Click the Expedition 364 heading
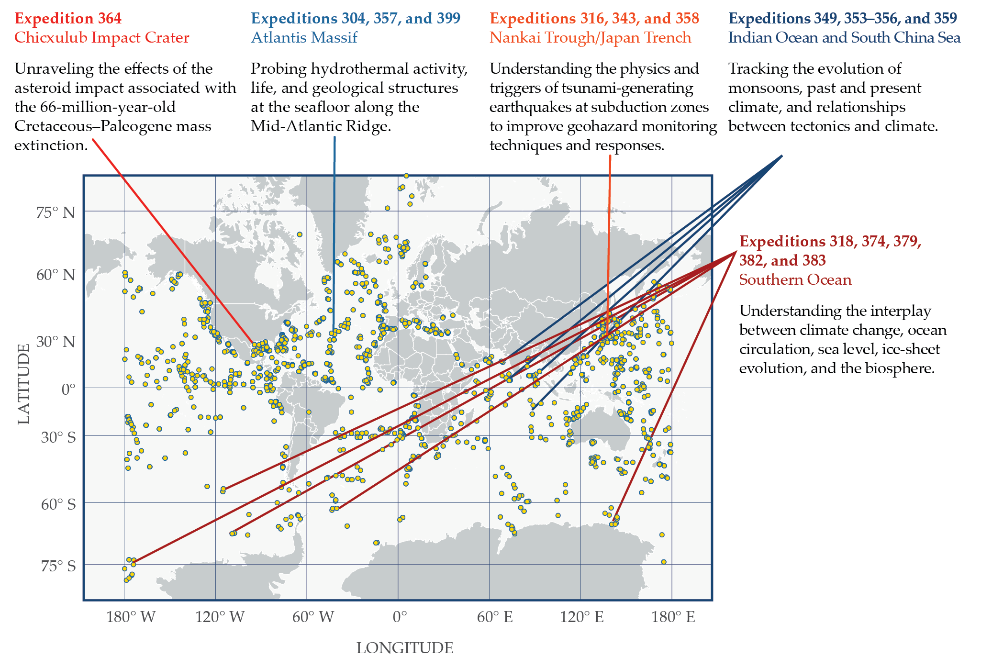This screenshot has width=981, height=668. pos(68,19)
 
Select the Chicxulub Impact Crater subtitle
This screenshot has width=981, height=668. pos(101,38)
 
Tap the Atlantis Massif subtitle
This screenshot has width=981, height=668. pos(304,38)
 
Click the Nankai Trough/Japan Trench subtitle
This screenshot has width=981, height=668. pos(590,38)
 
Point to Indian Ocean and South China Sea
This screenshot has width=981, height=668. pos(844,38)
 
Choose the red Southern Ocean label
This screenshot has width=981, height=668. pos(795,280)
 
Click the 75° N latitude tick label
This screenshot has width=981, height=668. pos(56,212)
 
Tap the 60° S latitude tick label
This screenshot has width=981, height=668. pos(58,504)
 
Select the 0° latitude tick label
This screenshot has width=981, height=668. pos(68,390)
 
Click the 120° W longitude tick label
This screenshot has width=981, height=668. pos(220,617)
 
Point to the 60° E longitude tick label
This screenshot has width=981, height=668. pos(494,617)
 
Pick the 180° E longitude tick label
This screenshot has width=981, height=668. pos(673,617)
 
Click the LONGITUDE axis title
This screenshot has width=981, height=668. pos(405,648)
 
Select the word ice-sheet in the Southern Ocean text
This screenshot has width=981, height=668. pos(911,349)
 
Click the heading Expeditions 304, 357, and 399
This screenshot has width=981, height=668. pos(356,19)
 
